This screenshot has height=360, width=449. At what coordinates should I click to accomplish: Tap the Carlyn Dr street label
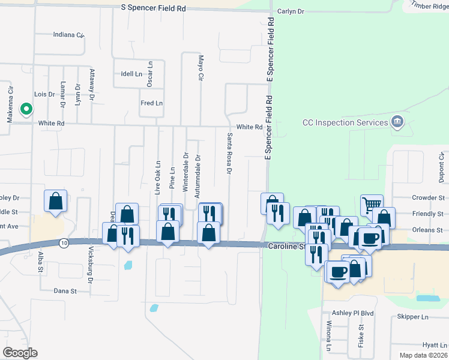[x=291, y=11]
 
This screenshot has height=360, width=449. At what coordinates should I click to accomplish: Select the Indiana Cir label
[x=68, y=35]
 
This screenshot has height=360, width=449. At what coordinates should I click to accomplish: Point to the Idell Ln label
[x=131, y=74]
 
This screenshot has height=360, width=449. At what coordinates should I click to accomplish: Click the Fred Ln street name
[x=151, y=103]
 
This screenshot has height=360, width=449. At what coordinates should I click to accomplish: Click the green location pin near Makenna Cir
[x=26, y=109]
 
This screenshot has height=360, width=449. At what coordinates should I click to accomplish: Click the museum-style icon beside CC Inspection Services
[x=396, y=122]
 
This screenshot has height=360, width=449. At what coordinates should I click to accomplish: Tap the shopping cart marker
[x=372, y=205]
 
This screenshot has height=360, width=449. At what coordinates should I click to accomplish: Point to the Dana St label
[x=65, y=291]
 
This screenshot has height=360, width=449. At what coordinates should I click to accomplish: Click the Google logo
[x=20, y=353]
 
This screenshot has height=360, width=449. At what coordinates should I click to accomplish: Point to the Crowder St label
[x=427, y=197]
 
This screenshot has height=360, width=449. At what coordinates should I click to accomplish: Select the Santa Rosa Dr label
[x=229, y=154]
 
